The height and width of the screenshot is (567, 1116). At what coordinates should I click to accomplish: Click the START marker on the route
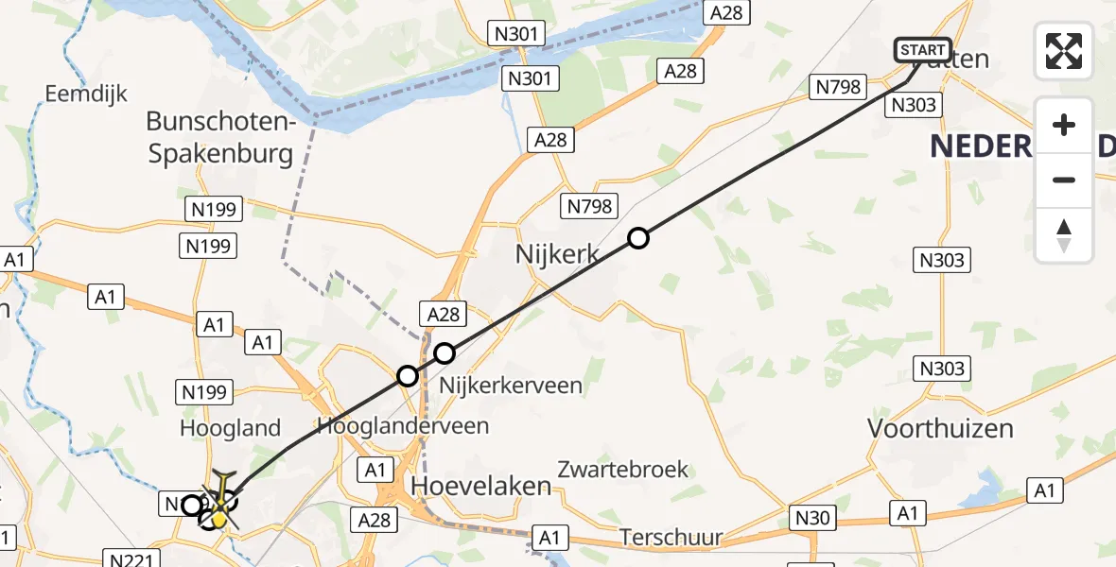pyautogui.click(x=922, y=50)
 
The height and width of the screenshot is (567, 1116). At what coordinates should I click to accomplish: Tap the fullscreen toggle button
pyautogui.click(x=1064, y=51)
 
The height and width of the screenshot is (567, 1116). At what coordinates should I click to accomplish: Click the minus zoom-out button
pyautogui.click(x=1064, y=180)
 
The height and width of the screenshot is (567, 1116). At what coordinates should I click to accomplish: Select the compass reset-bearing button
pyautogui.click(x=1064, y=235)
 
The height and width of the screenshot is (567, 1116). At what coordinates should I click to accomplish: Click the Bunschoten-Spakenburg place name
pyautogui.click(x=220, y=138)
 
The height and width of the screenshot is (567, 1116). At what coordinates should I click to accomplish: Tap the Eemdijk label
pyautogui.click(x=86, y=94)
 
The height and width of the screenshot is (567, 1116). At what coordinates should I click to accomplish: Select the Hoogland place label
pyautogui.click(x=231, y=428)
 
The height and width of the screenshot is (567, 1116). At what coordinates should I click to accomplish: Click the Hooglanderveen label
pyautogui.click(x=404, y=425)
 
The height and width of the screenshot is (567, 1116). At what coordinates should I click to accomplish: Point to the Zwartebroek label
pyautogui.click(x=623, y=470)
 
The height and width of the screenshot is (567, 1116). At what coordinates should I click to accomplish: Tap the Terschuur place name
pyautogui.click(x=671, y=538)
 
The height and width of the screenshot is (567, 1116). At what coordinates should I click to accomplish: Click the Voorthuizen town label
pyautogui.click(x=940, y=428)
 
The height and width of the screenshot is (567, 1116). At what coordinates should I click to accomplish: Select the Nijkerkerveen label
pyautogui.click(x=511, y=386)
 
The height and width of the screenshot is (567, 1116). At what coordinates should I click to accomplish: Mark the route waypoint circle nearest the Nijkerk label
pyautogui.click(x=638, y=238)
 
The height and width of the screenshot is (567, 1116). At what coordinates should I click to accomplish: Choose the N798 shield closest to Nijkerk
pyautogui.click(x=590, y=205)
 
